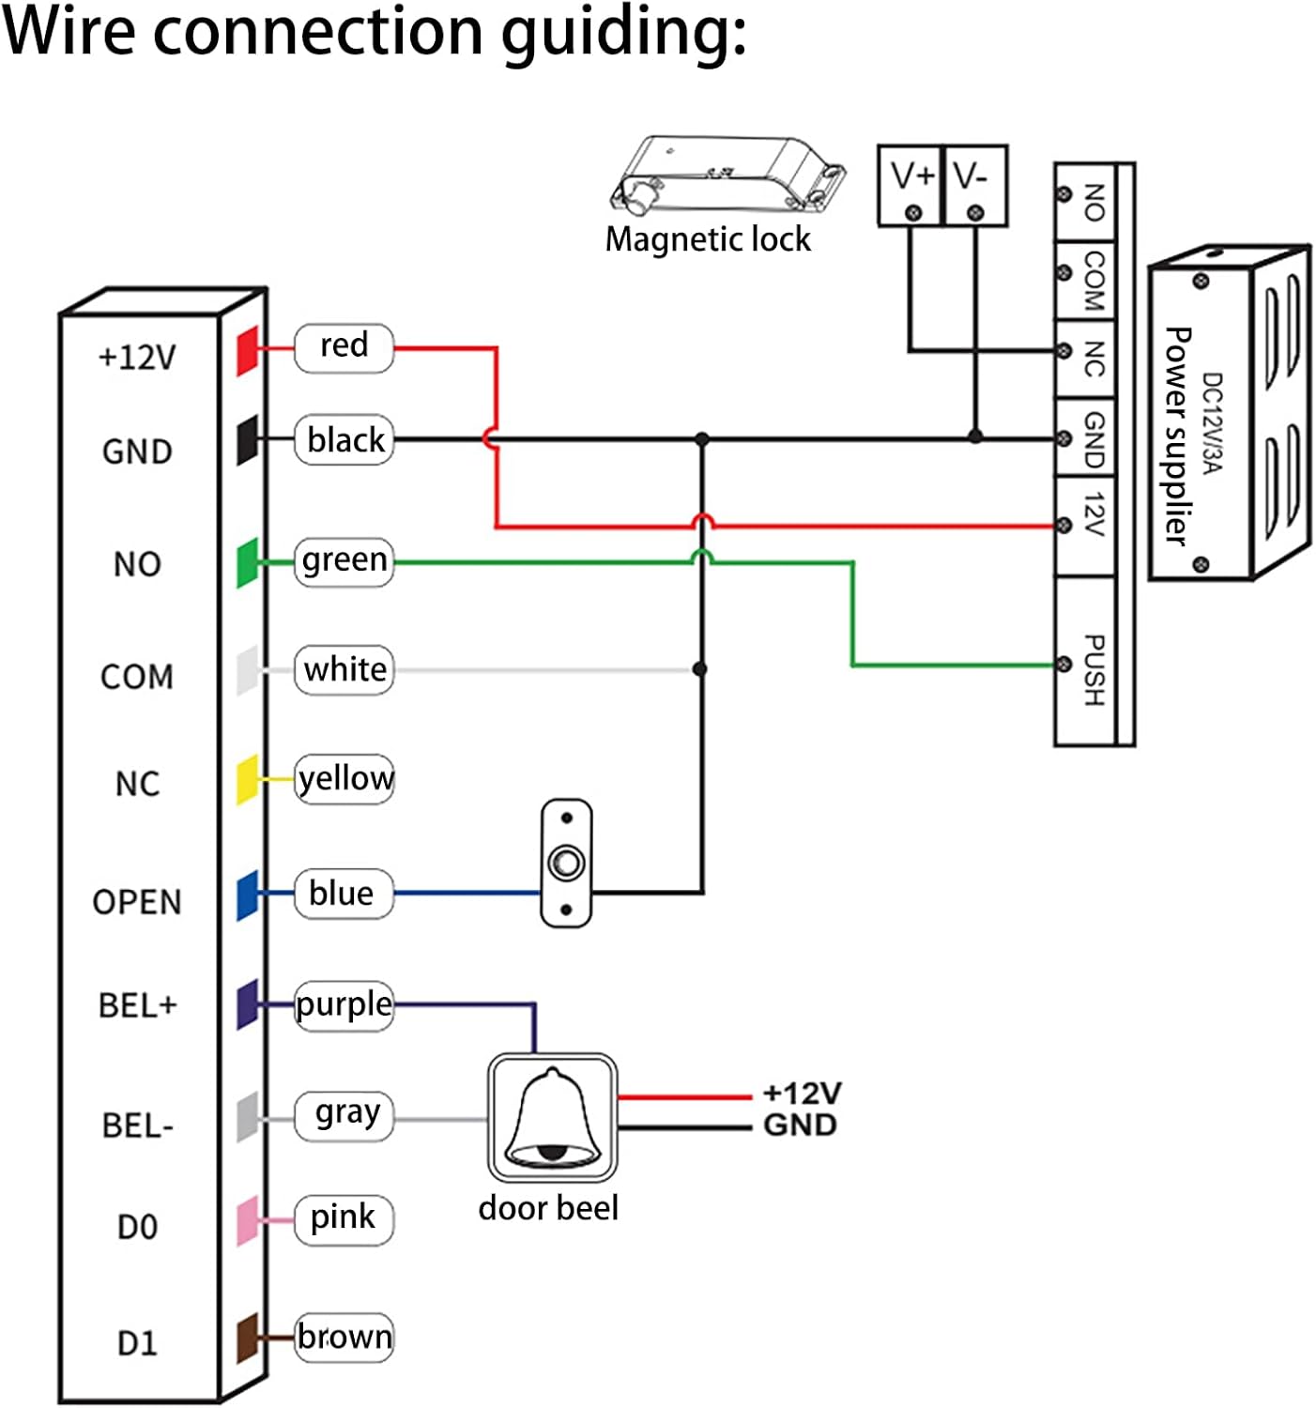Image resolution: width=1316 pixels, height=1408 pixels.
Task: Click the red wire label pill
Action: (x=344, y=347)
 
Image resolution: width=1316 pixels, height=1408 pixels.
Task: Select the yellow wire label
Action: (x=344, y=779)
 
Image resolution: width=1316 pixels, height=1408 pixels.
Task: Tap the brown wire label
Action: (x=344, y=1337)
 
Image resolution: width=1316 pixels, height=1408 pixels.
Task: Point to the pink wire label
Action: (x=344, y=1218)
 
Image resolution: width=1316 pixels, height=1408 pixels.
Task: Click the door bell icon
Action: (x=552, y=1118)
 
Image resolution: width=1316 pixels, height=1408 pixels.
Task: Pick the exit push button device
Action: (x=566, y=864)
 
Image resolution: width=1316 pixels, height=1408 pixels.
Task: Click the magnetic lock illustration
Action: (x=727, y=173)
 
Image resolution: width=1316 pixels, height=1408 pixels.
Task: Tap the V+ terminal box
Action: (x=910, y=186)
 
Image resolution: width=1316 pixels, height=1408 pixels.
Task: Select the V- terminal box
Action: (x=974, y=186)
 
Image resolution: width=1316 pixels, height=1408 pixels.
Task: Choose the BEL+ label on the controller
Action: (x=137, y=1005)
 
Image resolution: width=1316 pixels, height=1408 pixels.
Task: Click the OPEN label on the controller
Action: (x=137, y=902)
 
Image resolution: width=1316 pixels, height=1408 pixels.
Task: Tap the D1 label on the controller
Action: (x=137, y=1343)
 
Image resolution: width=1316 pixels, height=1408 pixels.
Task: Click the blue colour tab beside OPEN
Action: (x=247, y=895)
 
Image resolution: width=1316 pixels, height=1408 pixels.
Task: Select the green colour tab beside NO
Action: (x=247, y=562)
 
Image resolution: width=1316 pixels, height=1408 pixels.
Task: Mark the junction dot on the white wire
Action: (x=699, y=669)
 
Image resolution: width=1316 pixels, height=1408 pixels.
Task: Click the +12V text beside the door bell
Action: (x=802, y=1094)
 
